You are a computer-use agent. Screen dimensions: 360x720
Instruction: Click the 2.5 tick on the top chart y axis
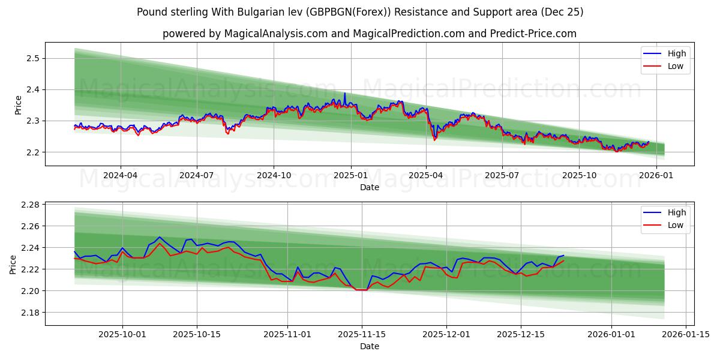point(32,58)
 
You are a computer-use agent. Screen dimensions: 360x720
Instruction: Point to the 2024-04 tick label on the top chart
point(121,176)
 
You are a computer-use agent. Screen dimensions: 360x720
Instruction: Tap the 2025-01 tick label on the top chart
point(350,176)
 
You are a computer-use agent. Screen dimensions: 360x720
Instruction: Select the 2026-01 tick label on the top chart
point(656,176)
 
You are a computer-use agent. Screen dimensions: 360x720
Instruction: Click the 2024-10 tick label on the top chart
point(274,176)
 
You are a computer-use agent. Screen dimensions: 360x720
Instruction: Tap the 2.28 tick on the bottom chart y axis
point(30,205)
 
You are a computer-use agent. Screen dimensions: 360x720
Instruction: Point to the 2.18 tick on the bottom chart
point(30,313)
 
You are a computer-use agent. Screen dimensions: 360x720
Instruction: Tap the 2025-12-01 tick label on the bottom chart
point(446,334)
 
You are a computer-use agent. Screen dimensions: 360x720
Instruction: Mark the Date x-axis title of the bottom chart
point(369,346)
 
